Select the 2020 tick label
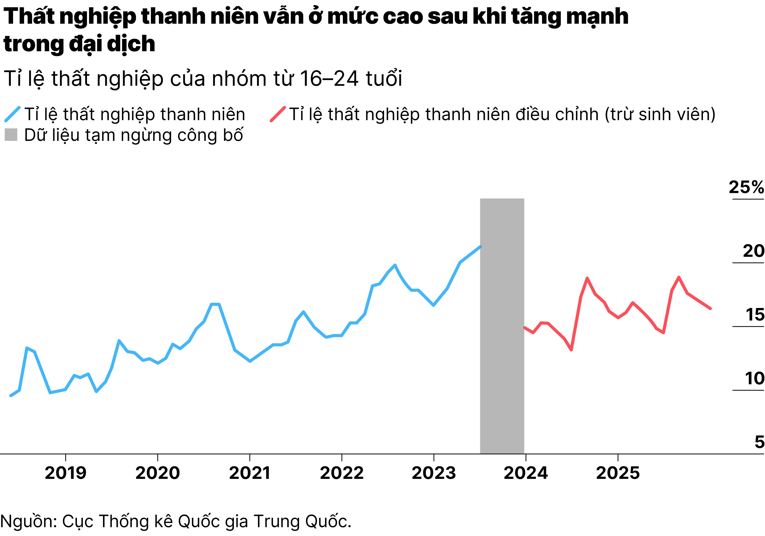[x=158, y=473]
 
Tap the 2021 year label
[x=249, y=473]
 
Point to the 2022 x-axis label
[x=341, y=473]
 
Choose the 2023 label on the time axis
[x=433, y=473]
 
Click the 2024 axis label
[x=525, y=473]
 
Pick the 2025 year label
[x=618, y=473]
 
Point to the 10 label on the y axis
[x=754, y=378]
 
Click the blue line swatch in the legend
[x=13, y=114]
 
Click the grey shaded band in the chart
[x=502, y=327]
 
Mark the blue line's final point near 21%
[x=480, y=247]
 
